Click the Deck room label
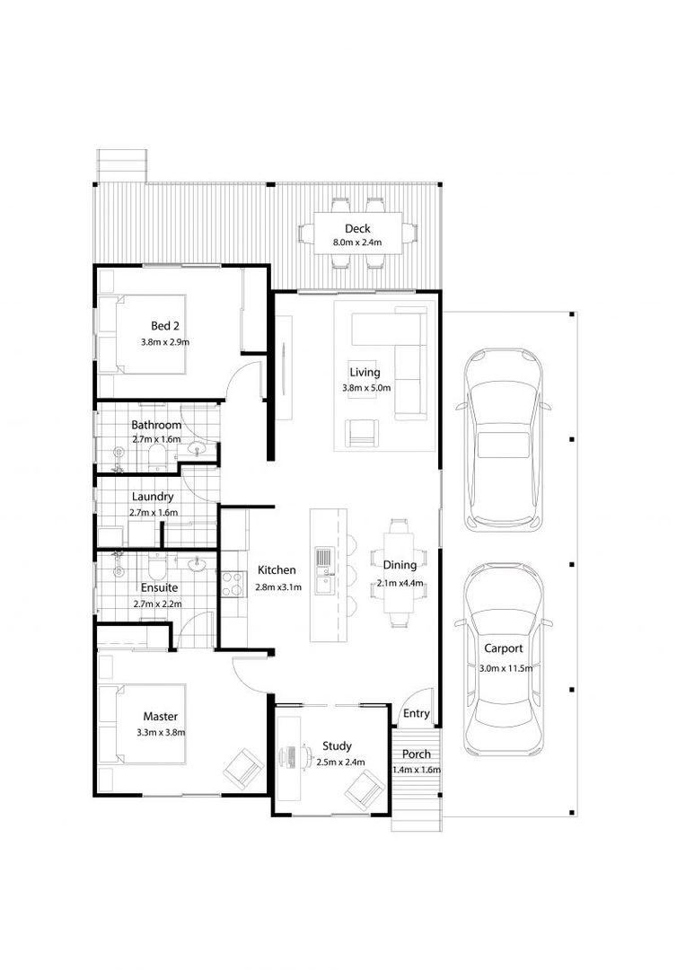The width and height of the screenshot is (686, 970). (357, 229)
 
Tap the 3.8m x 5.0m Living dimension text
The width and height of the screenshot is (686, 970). (366, 389)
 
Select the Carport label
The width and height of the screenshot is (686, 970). (503, 648)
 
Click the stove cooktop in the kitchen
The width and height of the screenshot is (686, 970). (232, 584)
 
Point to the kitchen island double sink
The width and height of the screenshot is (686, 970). (324, 570)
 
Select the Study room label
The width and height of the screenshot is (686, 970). (337, 746)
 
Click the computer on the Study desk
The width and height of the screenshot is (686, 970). (289, 757)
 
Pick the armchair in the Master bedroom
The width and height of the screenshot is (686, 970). (243, 767)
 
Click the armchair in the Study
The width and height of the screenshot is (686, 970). (365, 789)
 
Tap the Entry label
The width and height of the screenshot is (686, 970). (417, 713)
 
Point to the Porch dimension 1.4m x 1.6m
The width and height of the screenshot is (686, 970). (417, 771)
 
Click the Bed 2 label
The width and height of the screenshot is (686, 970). (165, 326)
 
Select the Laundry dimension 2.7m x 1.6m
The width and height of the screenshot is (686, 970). (154, 513)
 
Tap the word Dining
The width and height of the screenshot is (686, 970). (400, 565)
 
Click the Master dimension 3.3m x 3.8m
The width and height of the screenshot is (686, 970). (161, 733)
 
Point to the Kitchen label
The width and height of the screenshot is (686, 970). (277, 569)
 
